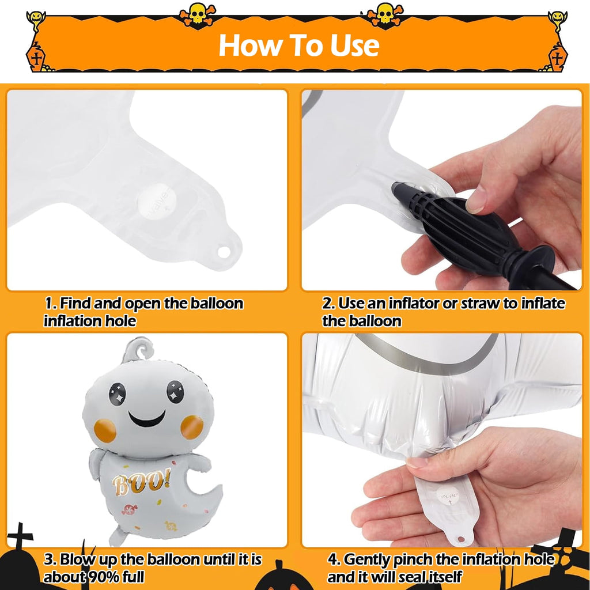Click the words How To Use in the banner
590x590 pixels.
coord(299,45)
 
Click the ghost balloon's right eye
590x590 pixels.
coord(175,391)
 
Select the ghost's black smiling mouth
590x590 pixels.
coord(147,419)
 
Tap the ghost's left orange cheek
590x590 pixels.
coord(105,430)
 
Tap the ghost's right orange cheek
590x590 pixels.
coord(192,427)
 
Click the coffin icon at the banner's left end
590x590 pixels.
coord(36,56)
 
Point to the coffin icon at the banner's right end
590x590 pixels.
coord(558,56)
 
